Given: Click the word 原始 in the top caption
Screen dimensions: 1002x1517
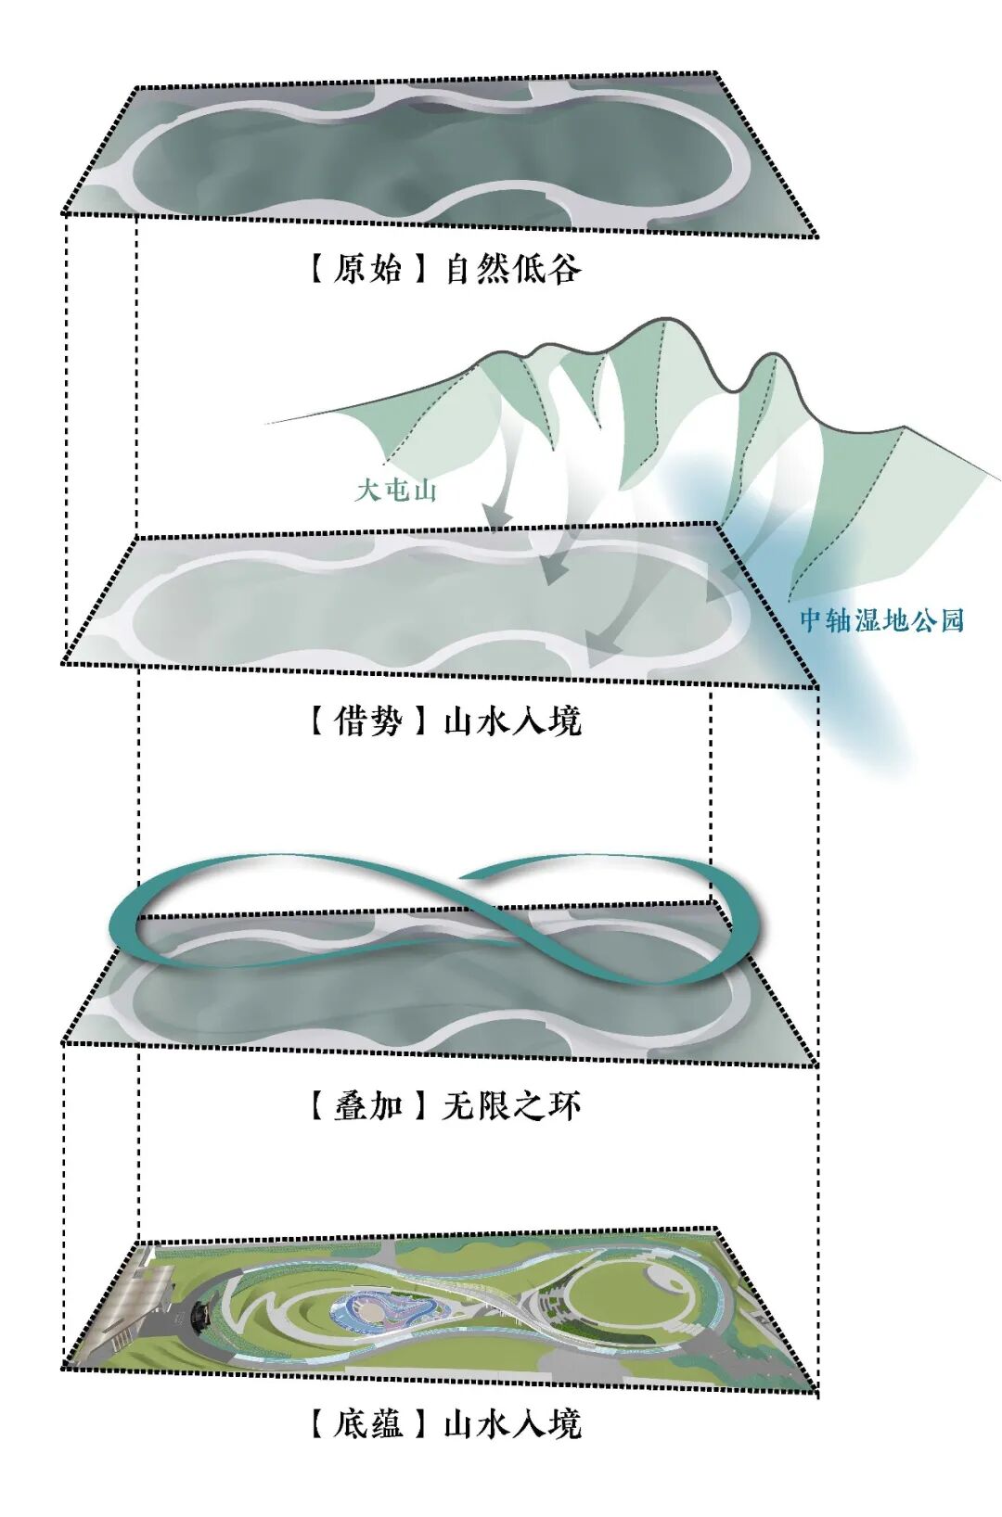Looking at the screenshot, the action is click(x=367, y=269).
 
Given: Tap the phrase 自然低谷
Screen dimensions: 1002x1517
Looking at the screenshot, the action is click(x=512, y=269).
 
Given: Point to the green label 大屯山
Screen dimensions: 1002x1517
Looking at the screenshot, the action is click(x=395, y=491).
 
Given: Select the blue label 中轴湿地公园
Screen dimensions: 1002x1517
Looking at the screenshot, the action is click(x=881, y=620).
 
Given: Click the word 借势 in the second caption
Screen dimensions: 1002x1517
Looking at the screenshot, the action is click(x=367, y=720).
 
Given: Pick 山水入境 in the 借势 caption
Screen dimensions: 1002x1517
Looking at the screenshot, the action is click(x=512, y=720).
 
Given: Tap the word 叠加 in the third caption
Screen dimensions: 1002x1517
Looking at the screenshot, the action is click(x=367, y=1104).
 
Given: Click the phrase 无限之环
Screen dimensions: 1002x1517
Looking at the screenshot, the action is click(x=512, y=1104).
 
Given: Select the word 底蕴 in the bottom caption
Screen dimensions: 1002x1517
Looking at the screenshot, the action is click(x=367, y=1422).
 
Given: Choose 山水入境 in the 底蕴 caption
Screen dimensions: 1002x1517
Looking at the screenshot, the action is click(x=512, y=1422).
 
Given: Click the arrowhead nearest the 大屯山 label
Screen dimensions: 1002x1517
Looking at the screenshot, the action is click(x=497, y=520).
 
